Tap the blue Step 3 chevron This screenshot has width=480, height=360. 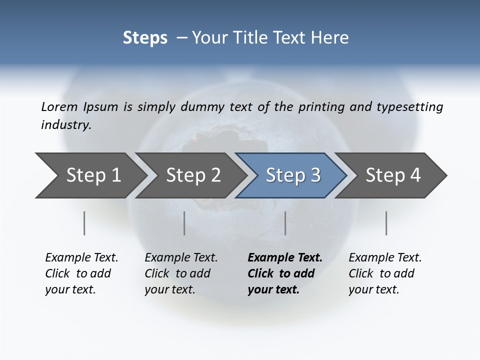pyautogui.click(x=293, y=175)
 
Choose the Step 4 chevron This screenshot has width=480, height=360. pyautogui.click(x=393, y=175)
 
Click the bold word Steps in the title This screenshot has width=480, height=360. pyautogui.click(x=145, y=38)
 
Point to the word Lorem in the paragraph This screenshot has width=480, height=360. pyautogui.click(x=59, y=106)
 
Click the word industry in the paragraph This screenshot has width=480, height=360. pyautogui.click(x=65, y=125)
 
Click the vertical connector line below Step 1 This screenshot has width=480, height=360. pyautogui.click(x=84, y=223)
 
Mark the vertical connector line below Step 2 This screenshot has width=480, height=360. pyautogui.click(x=184, y=223)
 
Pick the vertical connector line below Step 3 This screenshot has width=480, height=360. pyautogui.click(x=285, y=223)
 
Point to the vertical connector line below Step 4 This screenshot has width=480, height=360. pyautogui.click(x=386, y=223)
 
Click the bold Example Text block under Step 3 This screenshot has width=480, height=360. pyautogui.click(x=284, y=273)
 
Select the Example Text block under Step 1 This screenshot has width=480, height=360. pyautogui.click(x=81, y=273)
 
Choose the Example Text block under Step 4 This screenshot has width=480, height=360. pyautogui.click(x=385, y=273)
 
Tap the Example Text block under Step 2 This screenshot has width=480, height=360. pyautogui.click(x=181, y=273)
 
